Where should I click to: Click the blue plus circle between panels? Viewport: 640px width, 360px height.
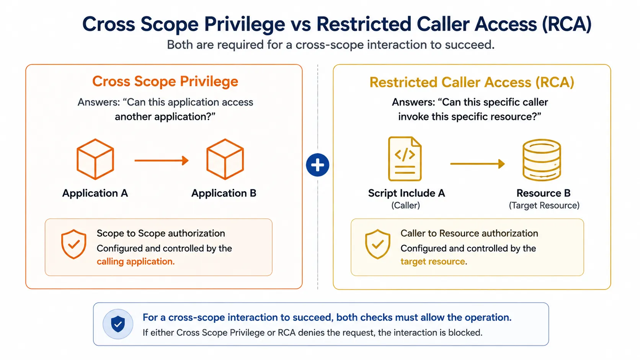317,165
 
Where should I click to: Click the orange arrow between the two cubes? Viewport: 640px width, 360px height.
162,160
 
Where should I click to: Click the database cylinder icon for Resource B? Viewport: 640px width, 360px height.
542,160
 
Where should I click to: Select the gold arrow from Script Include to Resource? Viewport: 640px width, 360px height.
477,164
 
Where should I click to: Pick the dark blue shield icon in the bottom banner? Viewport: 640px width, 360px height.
118,324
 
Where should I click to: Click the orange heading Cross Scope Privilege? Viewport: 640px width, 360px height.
165,81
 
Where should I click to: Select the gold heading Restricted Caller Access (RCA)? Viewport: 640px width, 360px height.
472,82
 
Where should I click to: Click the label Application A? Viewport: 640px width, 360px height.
95,193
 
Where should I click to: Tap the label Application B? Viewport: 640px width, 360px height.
224,193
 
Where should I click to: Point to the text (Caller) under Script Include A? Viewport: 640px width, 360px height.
405,205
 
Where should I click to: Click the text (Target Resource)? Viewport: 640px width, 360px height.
544,205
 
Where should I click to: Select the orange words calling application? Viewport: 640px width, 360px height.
136,262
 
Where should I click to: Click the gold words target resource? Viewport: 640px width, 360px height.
433,262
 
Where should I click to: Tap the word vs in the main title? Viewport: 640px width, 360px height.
300,24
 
